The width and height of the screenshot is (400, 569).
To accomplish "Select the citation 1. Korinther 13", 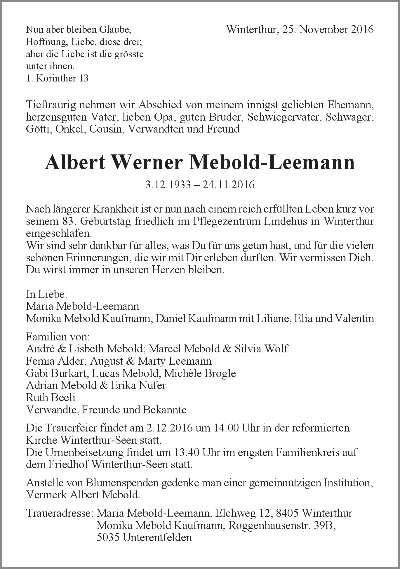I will pyautogui.click(x=57, y=78).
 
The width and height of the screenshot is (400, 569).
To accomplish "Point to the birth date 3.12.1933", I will pyautogui.click(x=168, y=185).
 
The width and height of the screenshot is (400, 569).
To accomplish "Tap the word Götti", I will pyautogui.click(x=37, y=129).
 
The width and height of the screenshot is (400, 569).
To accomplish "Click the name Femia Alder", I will pyautogui.click(x=55, y=361).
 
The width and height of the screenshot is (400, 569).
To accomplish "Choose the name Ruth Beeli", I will pyautogui.click(x=51, y=397).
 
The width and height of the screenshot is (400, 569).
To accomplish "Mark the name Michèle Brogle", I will pyautogui.click(x=200, y=373).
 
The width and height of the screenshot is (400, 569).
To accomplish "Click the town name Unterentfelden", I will pyautogui.click(x=157, y=537).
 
